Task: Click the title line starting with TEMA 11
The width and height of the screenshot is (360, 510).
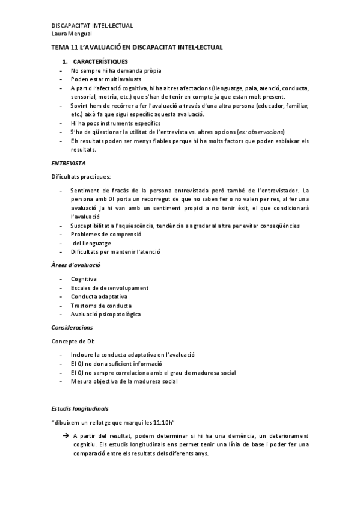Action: (136, 46)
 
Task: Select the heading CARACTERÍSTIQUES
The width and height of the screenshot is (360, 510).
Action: (100, 62)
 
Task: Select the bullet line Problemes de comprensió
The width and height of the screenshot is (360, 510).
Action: (105, 234)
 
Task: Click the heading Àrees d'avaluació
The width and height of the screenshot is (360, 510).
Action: (75, 265)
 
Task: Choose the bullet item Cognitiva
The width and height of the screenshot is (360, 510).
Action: (84, 279)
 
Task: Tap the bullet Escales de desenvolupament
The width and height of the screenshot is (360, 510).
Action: (109, 288)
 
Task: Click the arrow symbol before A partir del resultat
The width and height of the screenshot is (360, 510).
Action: (65, 435)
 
